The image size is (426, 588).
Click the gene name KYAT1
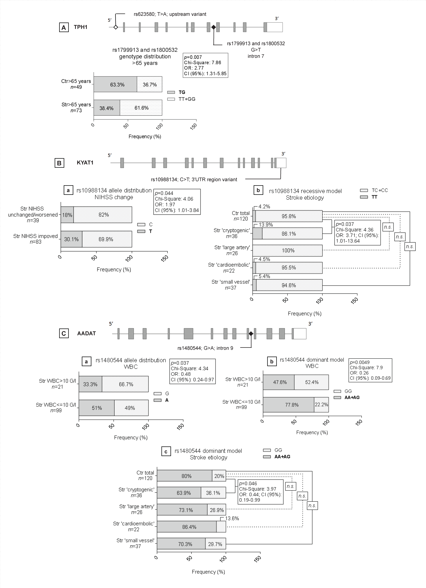click(85, 163)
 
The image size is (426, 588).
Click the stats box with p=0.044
click(177, 202)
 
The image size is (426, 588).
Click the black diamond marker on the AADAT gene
click(251, 334)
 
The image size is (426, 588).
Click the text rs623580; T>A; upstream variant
click(170, 14)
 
